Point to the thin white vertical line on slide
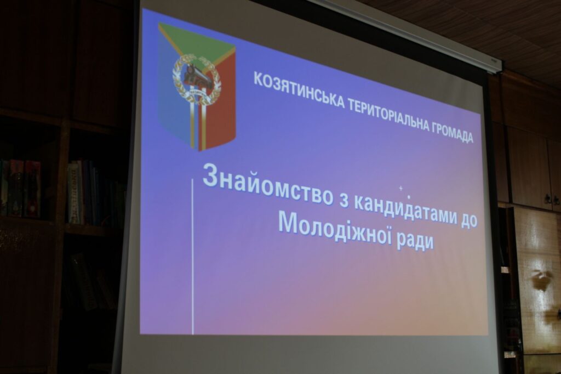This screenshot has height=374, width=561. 193,257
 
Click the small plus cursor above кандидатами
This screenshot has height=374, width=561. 400,188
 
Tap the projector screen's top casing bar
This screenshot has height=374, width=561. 404,33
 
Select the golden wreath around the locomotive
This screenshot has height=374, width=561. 197,79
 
